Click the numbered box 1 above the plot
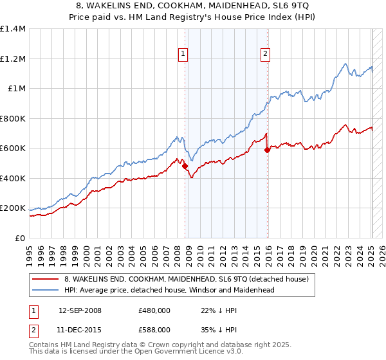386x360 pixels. coord(184,55)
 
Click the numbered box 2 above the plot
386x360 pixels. coord(265,55)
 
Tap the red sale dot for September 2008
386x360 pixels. coord(185,166)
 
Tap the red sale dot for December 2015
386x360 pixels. coord(267,150)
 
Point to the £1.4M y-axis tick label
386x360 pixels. coord(13,29)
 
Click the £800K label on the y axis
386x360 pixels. coord(13,118)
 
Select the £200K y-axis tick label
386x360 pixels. coord(13,208)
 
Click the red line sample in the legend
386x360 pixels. coord(46,279)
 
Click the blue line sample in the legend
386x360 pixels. coord(46,290)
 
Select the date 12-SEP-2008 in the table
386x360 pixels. coord(80,310)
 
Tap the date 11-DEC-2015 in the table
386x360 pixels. coord(80,329)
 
